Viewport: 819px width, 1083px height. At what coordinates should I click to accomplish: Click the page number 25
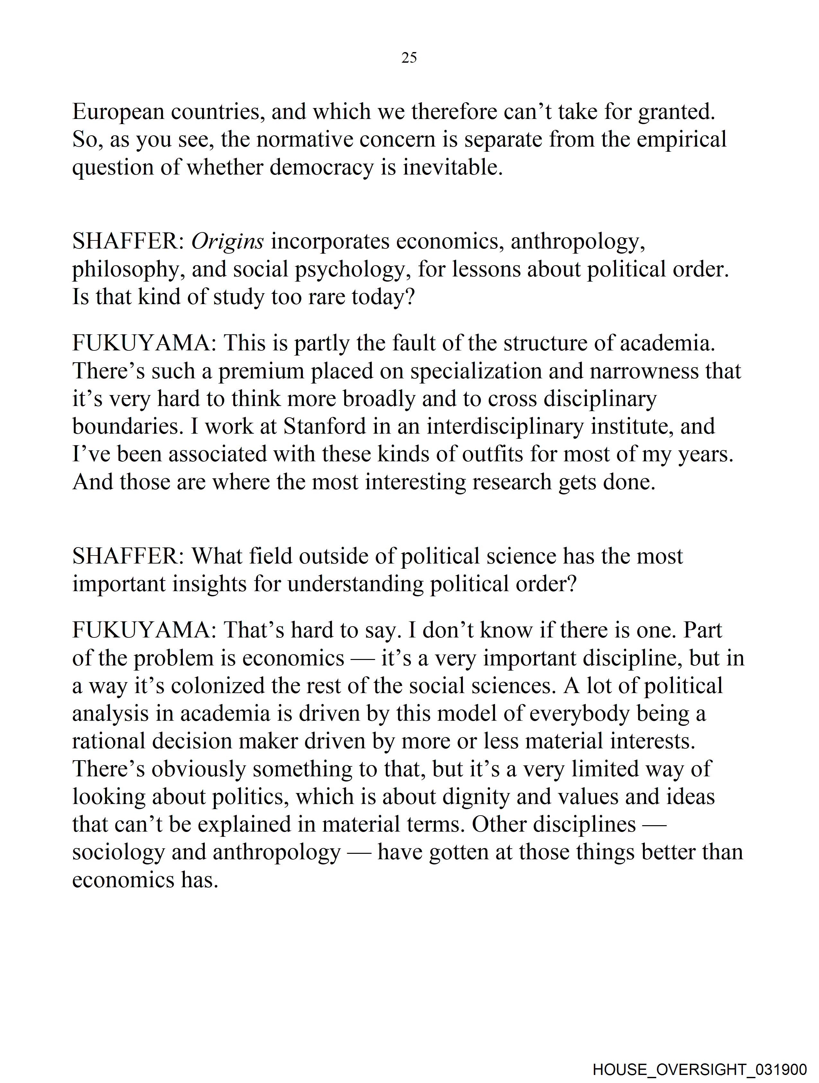coord(409,58)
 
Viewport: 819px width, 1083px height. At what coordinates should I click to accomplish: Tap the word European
coord(118,112)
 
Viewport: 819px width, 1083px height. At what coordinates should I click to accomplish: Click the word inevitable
coord(453,167)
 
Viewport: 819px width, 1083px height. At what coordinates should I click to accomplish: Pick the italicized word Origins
coord(227,241)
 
